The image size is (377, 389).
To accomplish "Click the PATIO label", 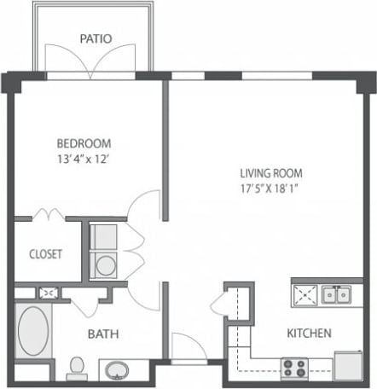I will click(95, 38).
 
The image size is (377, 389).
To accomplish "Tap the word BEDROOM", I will click(84, 143).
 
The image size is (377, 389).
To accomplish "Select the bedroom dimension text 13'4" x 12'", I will click(84, 158).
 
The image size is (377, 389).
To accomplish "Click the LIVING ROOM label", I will click(270, 172).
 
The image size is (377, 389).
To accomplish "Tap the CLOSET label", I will click(44, 254).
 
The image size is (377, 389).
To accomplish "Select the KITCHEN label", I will click(309, 333).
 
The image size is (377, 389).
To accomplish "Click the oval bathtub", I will click(34, 334).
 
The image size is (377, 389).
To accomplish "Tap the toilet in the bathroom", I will click(76, 367).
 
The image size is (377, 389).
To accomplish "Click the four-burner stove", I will click(295, 368).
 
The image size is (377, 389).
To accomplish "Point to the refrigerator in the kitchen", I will click(348, 365).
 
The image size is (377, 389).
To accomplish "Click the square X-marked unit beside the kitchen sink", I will click(305, 295).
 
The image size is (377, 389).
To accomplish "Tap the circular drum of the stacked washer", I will click(106, 265).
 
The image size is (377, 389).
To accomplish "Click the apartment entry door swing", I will click(185, 347).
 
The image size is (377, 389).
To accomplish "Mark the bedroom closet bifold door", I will click(48, 213).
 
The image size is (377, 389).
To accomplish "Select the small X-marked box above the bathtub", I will click(49, 293).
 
